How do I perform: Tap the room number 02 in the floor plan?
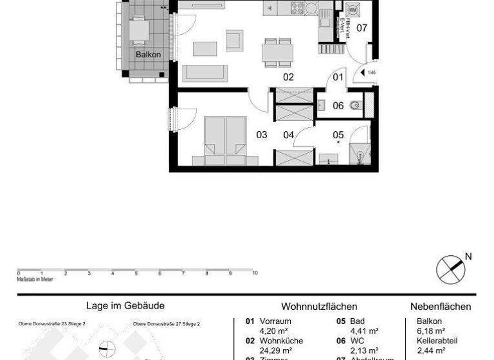[288, 77]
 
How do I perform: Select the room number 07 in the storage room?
[361, 28]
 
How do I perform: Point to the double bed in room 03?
[224, 136]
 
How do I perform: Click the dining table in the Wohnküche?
[277, 51]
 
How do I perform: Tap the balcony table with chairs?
[140, 29]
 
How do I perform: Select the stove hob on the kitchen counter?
[298, 8]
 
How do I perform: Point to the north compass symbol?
[450, 269]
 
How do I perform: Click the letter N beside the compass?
[468, 256]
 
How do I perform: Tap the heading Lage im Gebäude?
[125, 307]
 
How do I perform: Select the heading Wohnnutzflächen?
[319, 307]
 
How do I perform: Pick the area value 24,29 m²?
[277, 350]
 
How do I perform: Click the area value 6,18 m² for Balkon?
[432, 331]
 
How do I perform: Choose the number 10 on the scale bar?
[255, 273]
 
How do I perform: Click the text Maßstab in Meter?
[35, 279]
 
